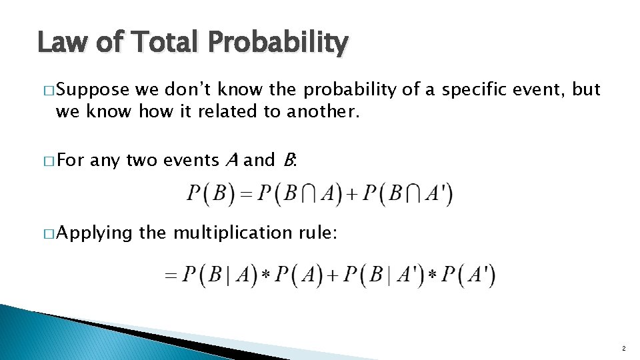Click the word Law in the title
[62, 43]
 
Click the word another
[323, 111]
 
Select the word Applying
[95, 233]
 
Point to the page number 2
[623, 349]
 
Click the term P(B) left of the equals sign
[209, 195]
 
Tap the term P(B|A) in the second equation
[219, 275]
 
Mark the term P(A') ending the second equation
[469, 275]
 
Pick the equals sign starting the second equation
[172, 275]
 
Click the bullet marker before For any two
[48, 161]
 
